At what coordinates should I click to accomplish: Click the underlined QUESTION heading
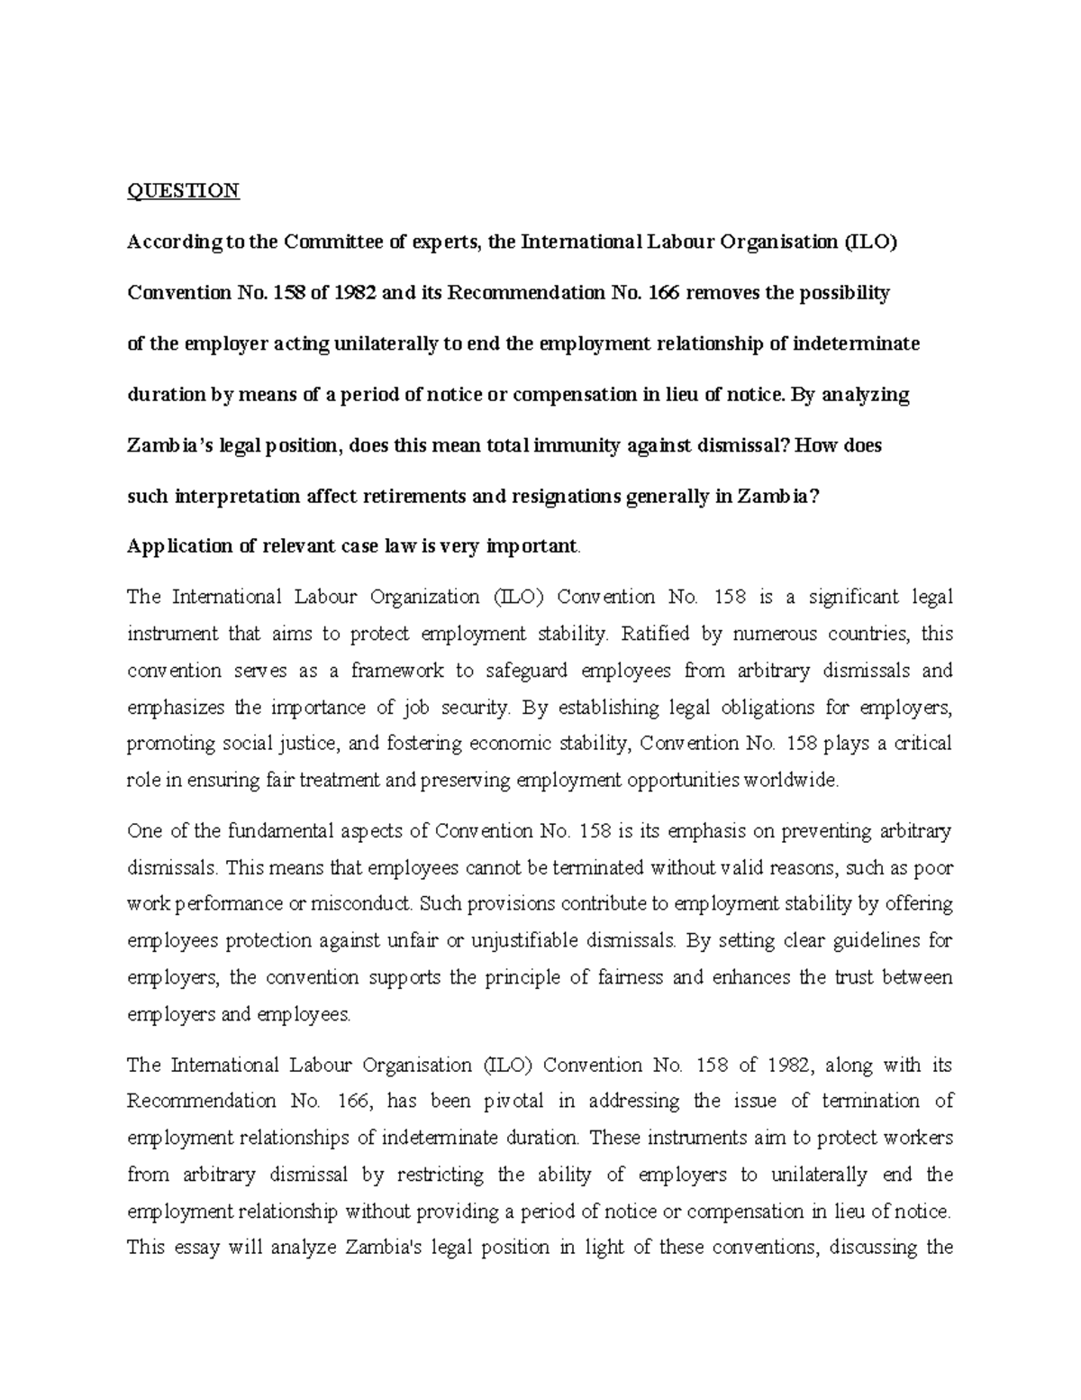coord(183,190)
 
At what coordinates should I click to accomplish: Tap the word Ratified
coord(654,634)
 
